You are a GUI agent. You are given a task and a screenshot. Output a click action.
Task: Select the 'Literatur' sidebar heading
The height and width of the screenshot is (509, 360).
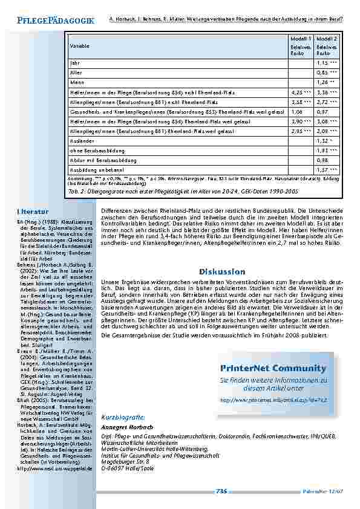pyautogui.click(x=33, y=212)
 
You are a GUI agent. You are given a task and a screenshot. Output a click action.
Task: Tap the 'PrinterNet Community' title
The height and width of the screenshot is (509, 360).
pyautogui.click(x=273, y=368)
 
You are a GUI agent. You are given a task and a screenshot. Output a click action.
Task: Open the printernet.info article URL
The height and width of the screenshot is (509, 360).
pyautogui.click(x=273, y=400)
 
